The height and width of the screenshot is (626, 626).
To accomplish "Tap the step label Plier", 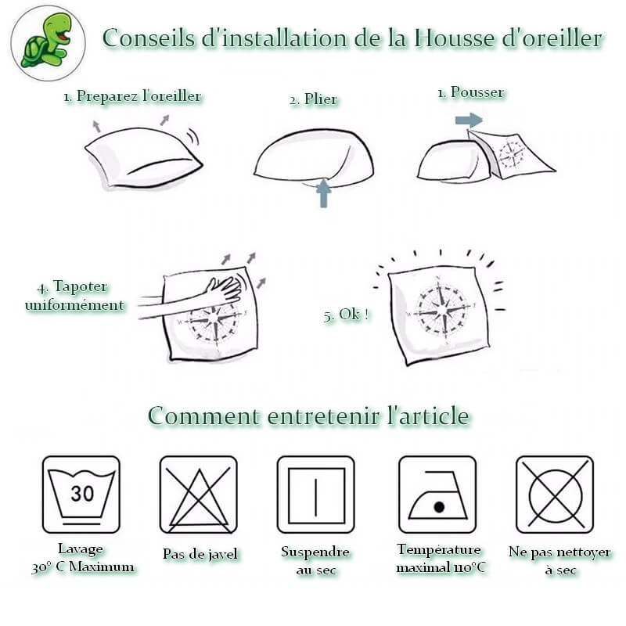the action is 321,99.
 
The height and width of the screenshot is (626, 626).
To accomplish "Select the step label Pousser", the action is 477,92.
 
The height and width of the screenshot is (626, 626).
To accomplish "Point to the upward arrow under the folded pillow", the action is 323,193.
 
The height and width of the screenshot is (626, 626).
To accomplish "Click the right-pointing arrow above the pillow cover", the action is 469,120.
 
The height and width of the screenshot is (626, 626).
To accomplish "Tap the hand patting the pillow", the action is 224,289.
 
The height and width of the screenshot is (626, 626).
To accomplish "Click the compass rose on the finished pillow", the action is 441,309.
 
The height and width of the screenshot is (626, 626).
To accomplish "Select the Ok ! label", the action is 346,315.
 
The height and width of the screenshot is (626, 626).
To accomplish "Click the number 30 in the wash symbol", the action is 82,494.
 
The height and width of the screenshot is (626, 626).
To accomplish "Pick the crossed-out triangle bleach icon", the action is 199,495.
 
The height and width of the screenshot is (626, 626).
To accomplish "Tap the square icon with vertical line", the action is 316,495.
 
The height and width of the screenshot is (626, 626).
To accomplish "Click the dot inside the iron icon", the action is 439,507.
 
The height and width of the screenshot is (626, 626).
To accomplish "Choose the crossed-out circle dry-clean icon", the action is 555,495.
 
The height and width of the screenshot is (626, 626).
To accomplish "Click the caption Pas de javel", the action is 200,554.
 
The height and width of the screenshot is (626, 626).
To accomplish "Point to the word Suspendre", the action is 315,552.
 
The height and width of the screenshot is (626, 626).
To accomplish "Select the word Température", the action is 439,550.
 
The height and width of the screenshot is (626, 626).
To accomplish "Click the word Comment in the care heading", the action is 203,416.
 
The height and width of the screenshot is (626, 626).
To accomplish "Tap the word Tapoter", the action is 80,286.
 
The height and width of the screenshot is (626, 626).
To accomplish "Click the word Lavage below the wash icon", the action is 81,549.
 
